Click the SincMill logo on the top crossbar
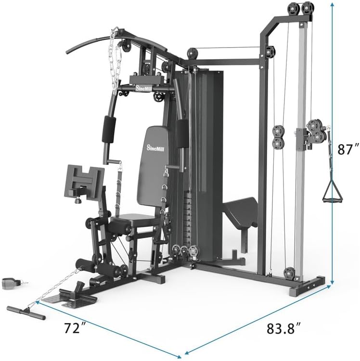pyautogui.click(x=142, y=89)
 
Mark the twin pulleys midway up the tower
pyautogui.click(x=278, y=137)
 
